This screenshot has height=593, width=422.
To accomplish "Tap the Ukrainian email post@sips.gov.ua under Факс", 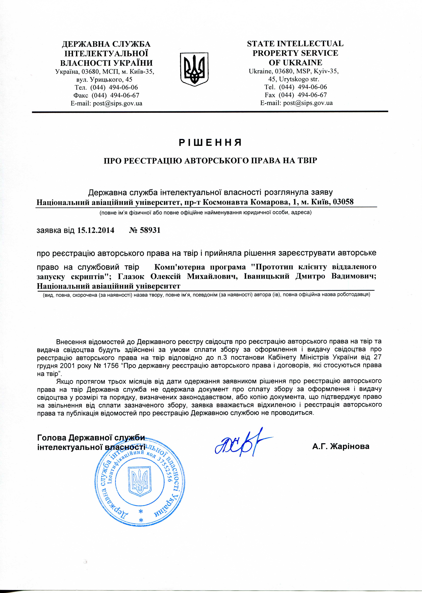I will point(106,103).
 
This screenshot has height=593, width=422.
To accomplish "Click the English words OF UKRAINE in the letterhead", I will point(295,63).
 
